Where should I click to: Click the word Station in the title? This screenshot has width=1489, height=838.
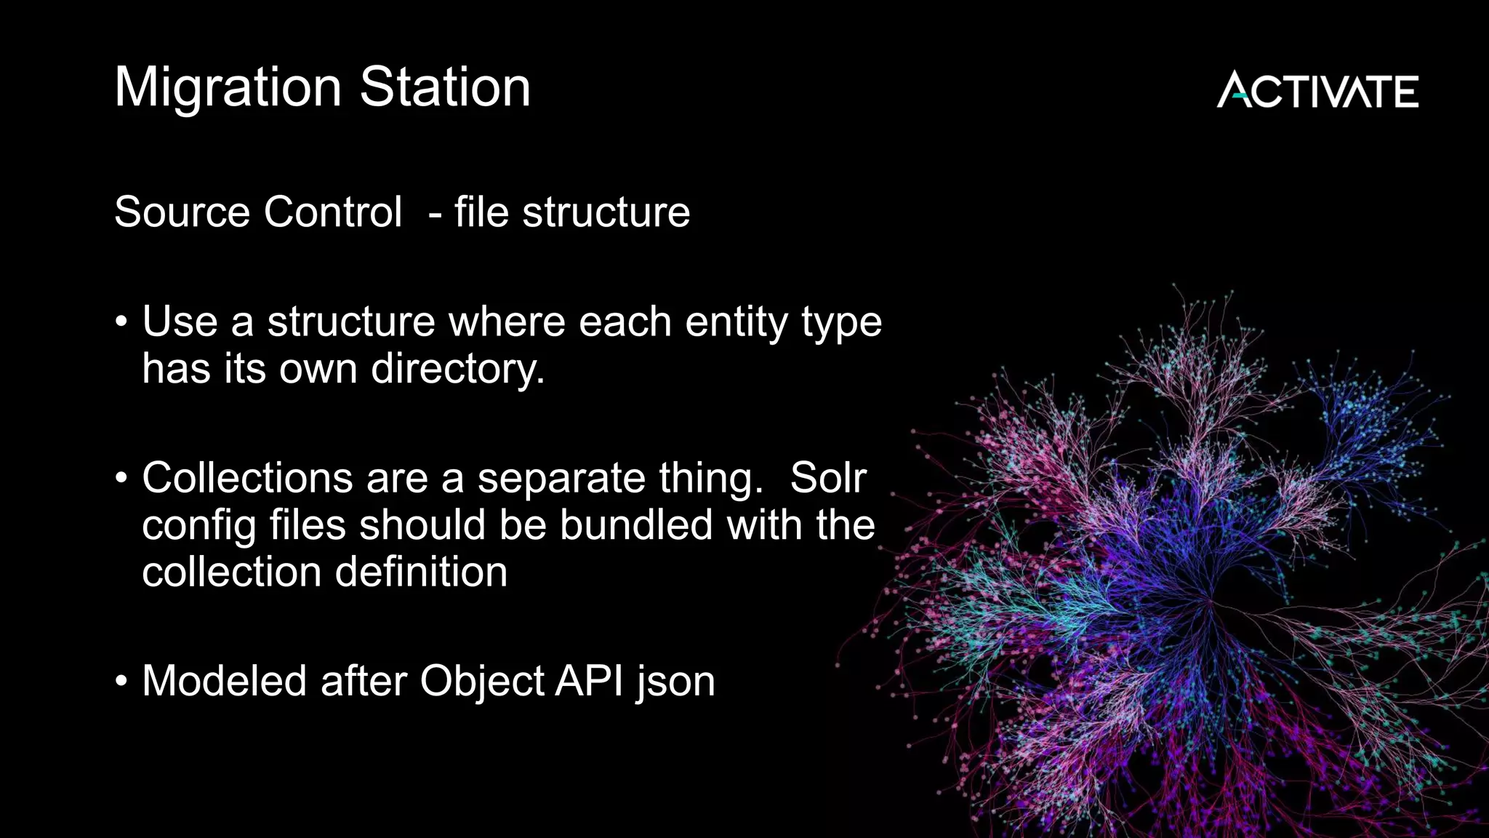(445, 87)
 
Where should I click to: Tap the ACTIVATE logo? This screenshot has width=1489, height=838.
(1317, 90)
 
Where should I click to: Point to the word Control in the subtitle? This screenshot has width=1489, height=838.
(333, 212)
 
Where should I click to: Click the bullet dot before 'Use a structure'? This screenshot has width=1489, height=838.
(121, 322)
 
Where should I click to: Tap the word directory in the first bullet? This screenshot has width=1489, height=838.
(457, 370)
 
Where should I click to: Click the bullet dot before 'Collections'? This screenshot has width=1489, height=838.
(121, 479)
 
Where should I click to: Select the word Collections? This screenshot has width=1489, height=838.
(247, 479)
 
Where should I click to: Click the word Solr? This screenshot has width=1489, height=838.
(828, 479)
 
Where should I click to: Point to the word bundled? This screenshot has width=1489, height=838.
(636, 525)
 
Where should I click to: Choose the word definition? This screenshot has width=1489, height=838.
(421, 572)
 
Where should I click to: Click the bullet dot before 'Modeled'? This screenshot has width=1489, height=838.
(121, 682)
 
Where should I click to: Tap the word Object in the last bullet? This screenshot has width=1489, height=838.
(481, 682)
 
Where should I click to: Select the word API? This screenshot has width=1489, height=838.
(589, 682)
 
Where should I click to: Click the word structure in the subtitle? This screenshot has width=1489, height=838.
(606, 212)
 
